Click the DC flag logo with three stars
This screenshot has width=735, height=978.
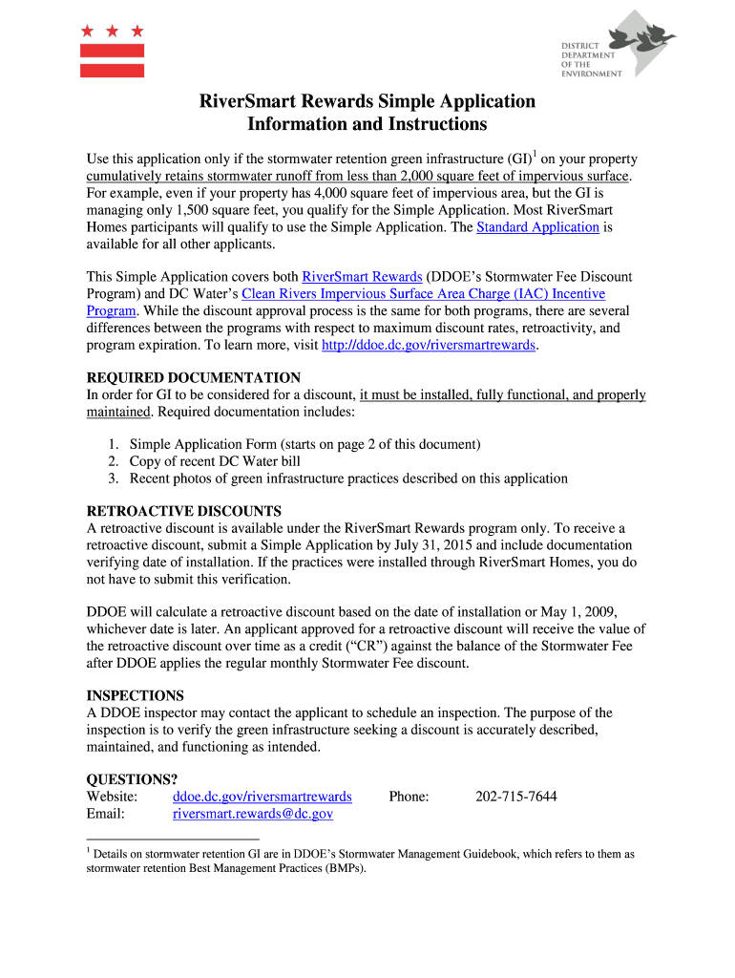coord(112,51)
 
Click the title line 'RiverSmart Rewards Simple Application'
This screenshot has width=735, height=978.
coord(367,101)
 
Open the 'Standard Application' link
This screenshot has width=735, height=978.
coord(537,227)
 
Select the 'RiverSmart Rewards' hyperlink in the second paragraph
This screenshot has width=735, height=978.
coord(362,277)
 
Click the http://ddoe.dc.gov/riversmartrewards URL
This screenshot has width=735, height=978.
coord(430,345)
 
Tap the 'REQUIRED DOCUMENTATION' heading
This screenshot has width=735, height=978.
coord(194,377)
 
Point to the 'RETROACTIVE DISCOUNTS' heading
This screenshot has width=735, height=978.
coord(184,511)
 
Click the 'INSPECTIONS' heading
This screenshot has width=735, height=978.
coord(136,695)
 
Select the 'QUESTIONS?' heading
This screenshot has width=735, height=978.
coord(133,779)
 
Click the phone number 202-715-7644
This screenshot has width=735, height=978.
coord(516,797)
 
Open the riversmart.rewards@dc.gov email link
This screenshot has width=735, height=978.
coord(253,814)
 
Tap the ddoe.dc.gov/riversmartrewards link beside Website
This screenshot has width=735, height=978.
coord(262,797)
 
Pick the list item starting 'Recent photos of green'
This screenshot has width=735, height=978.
coord(348,478)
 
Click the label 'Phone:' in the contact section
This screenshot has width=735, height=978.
coord(409,797)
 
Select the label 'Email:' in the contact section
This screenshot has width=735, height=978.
coord(106,814)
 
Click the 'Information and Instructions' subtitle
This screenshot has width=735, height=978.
coord(367,125)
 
